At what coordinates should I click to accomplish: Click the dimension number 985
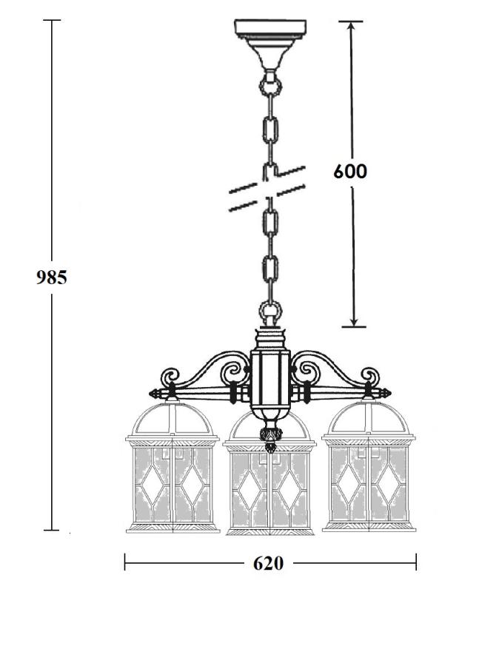pos(51,277)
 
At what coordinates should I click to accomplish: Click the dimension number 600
pos(349,172)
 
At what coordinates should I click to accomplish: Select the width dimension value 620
pos(268,564)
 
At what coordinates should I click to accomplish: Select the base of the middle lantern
pos(269,531)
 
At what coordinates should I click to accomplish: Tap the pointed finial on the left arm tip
pos(155,394)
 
